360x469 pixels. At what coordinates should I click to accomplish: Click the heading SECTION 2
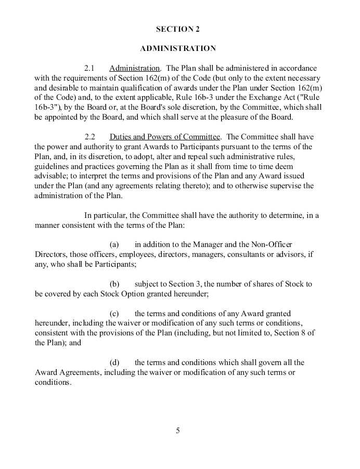tap(177, 29)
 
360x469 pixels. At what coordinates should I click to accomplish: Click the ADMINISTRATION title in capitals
tap(177, 48)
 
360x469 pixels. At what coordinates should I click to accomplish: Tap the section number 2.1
tap(90, 68)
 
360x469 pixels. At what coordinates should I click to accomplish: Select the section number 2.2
tap(90, 137)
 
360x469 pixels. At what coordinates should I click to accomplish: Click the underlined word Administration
tap(134, 68)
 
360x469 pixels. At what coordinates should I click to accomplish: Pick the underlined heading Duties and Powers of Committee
tap(164, 137)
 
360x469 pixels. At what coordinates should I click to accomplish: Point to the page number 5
tap(177, 431)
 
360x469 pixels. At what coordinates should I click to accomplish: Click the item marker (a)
tap(114, 244)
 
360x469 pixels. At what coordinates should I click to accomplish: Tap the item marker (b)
tap(114, 284)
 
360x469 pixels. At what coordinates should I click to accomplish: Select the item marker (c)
tap(114, 314)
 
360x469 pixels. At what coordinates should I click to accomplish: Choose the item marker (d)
tap(114, 362)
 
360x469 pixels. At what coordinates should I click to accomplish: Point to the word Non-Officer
tap(273, 244)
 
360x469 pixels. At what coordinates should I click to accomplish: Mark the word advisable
tap(50, 176)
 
